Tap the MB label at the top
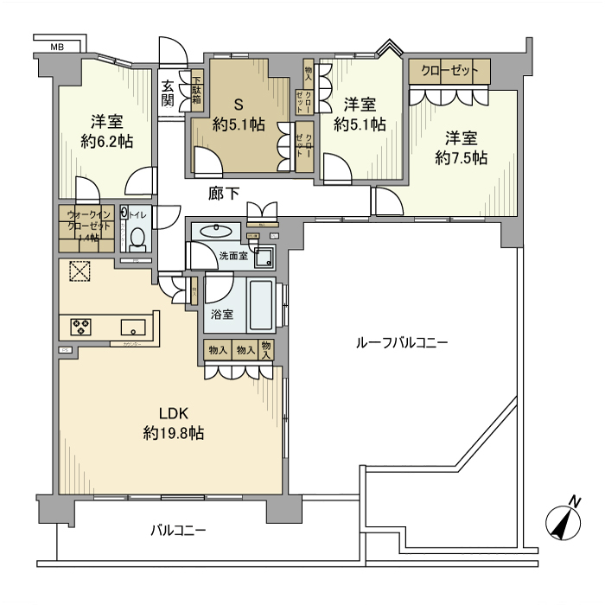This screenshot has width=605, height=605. click(57, 47)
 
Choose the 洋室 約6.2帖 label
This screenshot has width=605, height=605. click(107, 132)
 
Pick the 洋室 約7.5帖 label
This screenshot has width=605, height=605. click(461, 148)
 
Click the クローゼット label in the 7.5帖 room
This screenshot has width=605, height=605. click(449, 71)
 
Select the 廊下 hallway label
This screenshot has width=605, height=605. click(223, 194)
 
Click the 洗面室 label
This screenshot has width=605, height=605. click(232, 256)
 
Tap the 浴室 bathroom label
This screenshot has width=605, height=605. click(222, 315)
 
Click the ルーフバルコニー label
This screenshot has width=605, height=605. click(402, 343)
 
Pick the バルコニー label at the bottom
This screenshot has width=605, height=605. click(178, 529)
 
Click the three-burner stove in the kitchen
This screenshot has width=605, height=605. click(81, 326)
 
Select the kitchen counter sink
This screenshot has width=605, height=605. click(133, 326)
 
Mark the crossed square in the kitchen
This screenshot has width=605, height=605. click(80, 272)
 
